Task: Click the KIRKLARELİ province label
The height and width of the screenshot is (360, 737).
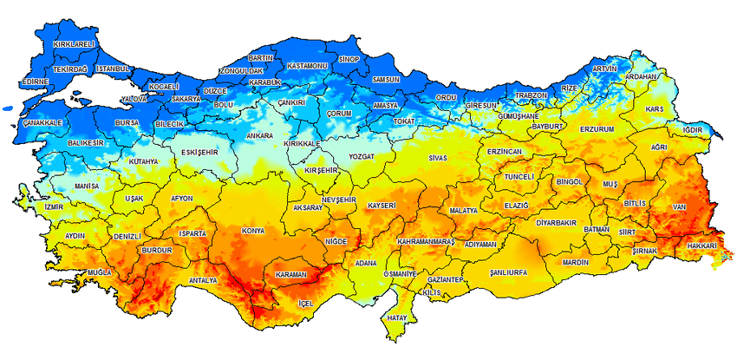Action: (74, 43)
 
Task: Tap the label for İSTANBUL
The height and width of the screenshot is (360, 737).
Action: (113, 69)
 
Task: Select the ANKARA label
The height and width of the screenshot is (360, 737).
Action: (260, 136)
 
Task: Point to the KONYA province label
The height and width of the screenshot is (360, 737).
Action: (254, 231)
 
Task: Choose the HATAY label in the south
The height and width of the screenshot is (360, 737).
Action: (397, 318)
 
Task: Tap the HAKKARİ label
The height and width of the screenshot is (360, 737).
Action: (701, 246)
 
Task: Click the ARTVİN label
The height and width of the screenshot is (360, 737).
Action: (604, 69)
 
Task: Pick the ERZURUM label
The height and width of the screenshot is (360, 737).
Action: (597, 129)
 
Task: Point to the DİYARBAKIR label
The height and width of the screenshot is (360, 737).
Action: (556, 222)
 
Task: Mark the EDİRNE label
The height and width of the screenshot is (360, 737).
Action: (36, 81)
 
